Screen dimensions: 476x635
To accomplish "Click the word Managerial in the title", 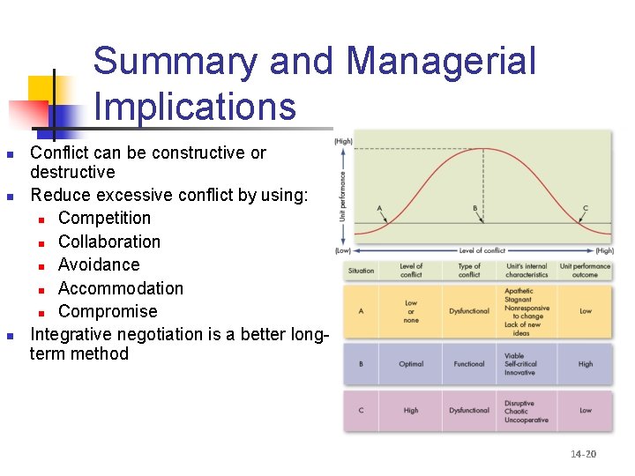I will [x=441, y=62].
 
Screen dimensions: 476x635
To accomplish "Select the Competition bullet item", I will [x=104, y=218].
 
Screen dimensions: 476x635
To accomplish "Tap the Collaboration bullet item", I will [x=109, y=242].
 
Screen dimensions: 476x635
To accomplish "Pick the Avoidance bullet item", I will [x=99, y=264].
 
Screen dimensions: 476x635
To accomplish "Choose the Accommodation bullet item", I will [x=121, y=288].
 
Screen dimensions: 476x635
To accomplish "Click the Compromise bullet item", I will [x=108, y=311].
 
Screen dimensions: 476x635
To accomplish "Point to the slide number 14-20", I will [x=583, y=454].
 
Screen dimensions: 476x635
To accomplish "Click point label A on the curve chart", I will [x=379, y=209].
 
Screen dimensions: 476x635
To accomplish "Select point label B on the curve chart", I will [x=475, y=209].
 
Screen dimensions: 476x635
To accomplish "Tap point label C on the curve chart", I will [x=586, y=209].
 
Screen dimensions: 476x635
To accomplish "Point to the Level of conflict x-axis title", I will [x=482, y=251].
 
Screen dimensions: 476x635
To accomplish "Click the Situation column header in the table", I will [x=361, y=271].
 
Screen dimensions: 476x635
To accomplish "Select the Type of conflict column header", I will [x=469, y=271].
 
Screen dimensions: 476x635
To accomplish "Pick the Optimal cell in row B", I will [x=411, y=364].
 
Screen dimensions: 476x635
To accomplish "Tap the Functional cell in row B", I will [x=469, y=364].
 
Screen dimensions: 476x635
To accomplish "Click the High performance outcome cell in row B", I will [x=586, y=364].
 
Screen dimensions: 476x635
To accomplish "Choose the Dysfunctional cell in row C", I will [x=469, y=411].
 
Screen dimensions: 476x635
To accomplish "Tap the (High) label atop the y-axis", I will [x=343, y=141].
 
